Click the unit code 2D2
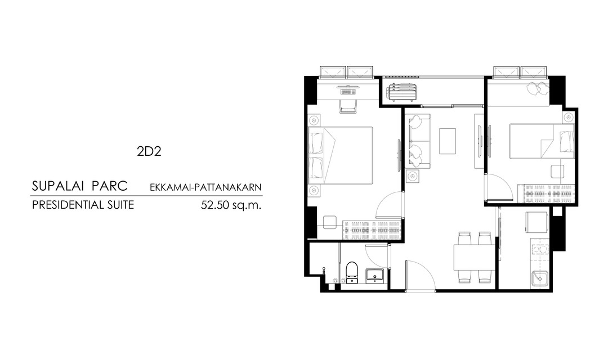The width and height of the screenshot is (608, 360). click(x=149, y=151)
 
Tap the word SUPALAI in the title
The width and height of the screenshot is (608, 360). click(x=58, y=186)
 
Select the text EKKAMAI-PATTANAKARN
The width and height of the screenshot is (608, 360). click(x=205, y=187)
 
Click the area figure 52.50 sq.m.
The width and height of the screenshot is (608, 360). click(x=231, y=205)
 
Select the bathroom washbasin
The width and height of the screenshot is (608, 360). click(x=374, y=275)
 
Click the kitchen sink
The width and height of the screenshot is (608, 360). click(x=539, y=279)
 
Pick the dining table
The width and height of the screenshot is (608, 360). click(x=474, y=257)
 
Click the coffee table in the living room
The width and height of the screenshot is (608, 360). click(x=448, y=141)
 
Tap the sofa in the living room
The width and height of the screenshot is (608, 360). click(x=418, y=141)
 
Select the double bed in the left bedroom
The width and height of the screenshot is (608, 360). click(x=341, y=155)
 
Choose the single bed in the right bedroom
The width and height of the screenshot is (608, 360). click(x=542, y=141)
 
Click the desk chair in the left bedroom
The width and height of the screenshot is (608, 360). click(x=348, y=106)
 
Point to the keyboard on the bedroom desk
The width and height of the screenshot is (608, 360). click(x=348, y=92)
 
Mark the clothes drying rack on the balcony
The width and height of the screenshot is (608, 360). click(x=402, y=92)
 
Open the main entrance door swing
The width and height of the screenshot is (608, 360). click(x=421, y=275)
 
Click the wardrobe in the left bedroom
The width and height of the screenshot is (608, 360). click(x=372, y=230)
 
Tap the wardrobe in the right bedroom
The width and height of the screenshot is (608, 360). click(x=546, y=193)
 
